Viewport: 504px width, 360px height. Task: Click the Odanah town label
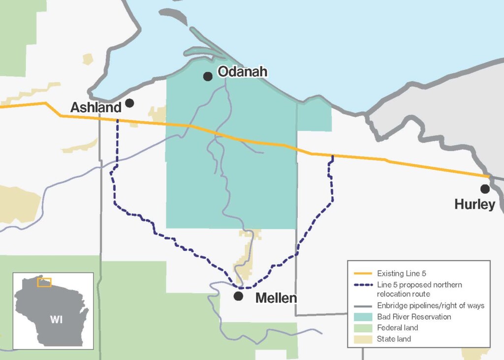242,72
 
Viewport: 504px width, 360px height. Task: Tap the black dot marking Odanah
208,76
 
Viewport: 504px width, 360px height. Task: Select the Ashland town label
95,108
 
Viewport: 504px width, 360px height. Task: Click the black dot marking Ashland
129,103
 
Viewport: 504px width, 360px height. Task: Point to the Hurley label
474,205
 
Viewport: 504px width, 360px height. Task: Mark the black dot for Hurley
485,189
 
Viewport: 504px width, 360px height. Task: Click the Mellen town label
276,298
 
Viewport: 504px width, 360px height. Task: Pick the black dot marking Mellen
238,296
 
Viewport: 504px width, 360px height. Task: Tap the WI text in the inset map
56,320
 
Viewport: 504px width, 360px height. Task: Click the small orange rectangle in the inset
44,282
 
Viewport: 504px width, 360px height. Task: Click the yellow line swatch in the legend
363,273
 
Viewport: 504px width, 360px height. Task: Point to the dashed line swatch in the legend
363,285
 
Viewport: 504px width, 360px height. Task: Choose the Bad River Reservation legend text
414,317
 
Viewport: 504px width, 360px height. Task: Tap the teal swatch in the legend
363,317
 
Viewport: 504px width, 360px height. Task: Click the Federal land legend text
398,328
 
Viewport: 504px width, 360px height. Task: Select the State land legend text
394,339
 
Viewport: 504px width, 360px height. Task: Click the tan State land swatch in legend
363,339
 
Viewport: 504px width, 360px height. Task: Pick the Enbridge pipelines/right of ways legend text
431,306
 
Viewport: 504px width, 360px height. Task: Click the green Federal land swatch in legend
363,328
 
